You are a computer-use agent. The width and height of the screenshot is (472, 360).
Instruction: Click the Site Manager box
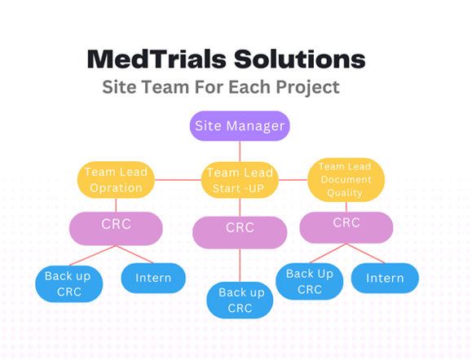(x=240, y=125)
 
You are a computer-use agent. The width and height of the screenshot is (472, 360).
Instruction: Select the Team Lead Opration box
(x=116, y=179)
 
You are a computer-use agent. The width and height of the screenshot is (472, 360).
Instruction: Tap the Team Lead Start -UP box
(x=240, y=180)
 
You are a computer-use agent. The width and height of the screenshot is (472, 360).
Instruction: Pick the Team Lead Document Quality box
(x=346, y=179)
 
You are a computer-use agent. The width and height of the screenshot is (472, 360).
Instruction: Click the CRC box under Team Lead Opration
(x=116, y=229)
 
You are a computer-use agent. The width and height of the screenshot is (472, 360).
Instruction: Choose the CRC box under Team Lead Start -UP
(x=240, y=232)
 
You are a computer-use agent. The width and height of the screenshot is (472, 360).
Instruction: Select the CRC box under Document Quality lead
(x=346, y=227)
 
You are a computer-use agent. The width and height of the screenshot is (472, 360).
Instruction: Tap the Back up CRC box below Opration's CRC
(x=69, y=283)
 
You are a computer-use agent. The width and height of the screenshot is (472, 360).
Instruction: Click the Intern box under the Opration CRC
(x=153, y=278)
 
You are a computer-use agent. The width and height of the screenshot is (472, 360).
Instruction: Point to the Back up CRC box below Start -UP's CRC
(x=240, y=300)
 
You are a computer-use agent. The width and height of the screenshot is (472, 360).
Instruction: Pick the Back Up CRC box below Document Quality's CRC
(x=310, y=281)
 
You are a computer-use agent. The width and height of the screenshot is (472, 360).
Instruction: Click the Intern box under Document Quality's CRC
(x=385, y=278)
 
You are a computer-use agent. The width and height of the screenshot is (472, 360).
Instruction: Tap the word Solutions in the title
(x=300, y=59)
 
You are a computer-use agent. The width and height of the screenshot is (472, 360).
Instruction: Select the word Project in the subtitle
(x=307, y=87)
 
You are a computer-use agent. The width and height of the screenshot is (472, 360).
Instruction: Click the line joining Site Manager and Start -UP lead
(x=240, y=151)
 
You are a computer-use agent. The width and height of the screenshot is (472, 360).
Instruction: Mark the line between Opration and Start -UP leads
(x=178, y=180)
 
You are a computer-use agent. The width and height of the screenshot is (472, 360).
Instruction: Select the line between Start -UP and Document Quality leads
(x=293, y=180)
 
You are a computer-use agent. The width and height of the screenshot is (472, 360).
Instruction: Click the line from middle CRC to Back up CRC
(x=240, y=266)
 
